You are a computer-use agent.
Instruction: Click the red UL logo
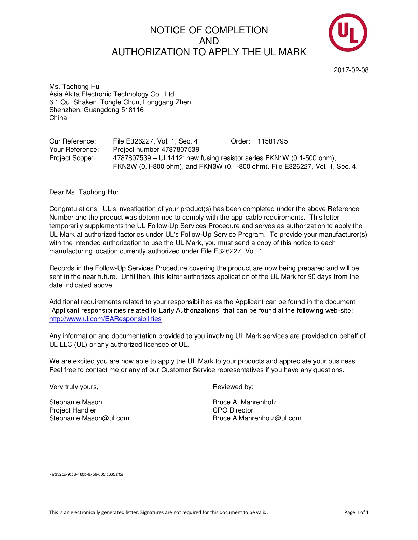(348, 33)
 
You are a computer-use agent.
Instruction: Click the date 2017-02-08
(351, 70)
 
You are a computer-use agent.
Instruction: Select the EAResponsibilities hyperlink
(105, 319)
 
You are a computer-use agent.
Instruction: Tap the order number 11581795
(273, 141)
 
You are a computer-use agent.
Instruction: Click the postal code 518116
(133, 110)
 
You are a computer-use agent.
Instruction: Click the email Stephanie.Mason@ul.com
(89, 418)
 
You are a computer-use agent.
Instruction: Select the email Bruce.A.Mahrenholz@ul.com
(257, 418)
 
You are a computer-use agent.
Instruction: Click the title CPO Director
(233, 410)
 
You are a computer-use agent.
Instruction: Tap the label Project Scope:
(71, 158)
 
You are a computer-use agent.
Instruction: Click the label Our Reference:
(72, 141)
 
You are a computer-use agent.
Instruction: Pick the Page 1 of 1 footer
(356, 512)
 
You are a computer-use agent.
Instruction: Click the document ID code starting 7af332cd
(86, 474)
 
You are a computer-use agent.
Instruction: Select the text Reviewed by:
(233, 387)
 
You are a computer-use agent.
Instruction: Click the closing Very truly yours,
(74, 387)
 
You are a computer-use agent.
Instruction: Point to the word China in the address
(58, 118)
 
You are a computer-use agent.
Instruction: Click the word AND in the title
(209, 41)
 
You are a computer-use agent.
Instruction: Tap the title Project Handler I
(74, 410)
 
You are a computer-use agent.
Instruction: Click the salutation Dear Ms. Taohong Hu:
(84, 192)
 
